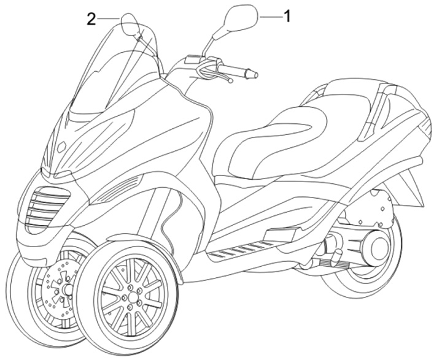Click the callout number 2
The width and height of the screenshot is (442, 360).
tap(91, 19)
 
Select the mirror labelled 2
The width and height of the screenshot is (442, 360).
tap(130, 25)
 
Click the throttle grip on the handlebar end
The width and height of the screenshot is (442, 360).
tap(250, 74)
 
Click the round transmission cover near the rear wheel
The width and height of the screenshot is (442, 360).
tap(371, 245)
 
